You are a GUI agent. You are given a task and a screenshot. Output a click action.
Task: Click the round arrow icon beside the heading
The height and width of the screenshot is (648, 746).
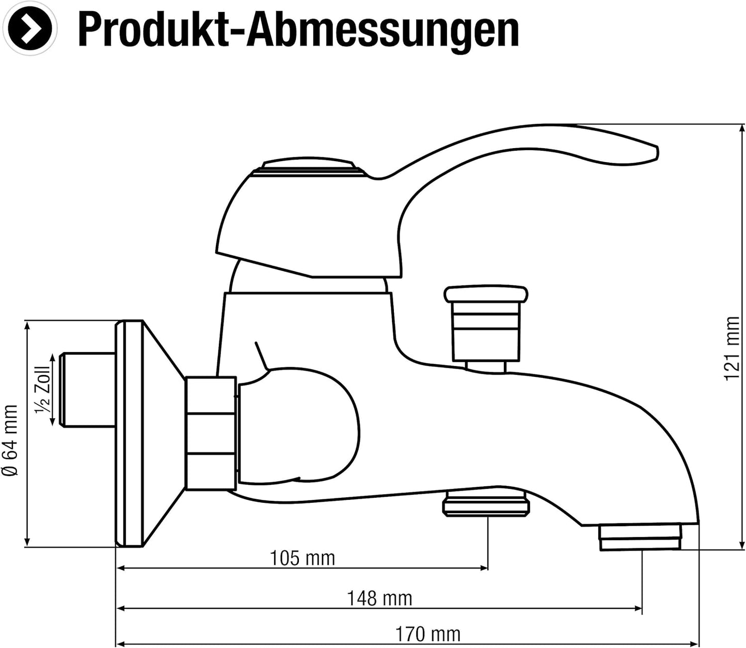[29, 28]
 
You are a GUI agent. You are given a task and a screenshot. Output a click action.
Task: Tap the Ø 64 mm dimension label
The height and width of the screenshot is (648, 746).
[10, 440]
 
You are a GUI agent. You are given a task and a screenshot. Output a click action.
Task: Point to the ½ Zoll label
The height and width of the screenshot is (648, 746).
[43, 389]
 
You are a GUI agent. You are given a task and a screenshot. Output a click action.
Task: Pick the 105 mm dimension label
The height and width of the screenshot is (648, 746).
[302, 558]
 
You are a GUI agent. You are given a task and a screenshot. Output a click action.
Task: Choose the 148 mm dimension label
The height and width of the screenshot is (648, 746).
[379, 598]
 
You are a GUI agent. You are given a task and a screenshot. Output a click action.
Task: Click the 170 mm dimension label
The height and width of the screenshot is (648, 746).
[428, 634]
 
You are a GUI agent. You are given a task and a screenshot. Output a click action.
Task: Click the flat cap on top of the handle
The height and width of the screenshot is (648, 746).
[308, 165]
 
